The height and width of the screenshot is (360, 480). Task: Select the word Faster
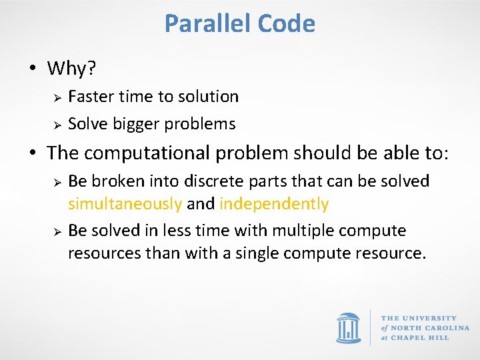91,97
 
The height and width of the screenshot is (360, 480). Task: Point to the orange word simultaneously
125,204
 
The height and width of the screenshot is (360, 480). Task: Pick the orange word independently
274,204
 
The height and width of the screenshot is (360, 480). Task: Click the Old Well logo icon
348,327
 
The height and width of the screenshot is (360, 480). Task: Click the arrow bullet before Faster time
58,97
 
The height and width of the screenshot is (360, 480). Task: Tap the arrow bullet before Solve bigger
58,125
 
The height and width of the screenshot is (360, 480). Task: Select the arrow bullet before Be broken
58,182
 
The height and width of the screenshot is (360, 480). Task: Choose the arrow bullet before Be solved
58,231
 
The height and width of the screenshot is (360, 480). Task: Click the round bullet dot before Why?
32,69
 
